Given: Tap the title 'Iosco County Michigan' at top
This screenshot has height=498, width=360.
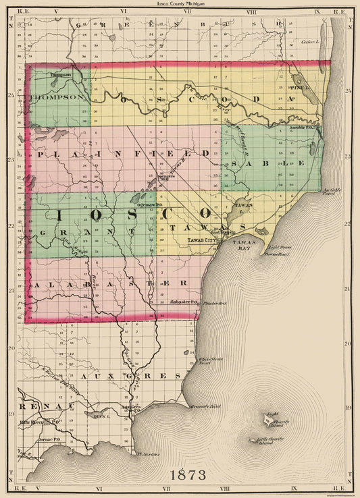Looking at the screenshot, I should (180, 5).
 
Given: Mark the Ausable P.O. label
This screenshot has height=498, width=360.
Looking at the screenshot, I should (299, 128).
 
